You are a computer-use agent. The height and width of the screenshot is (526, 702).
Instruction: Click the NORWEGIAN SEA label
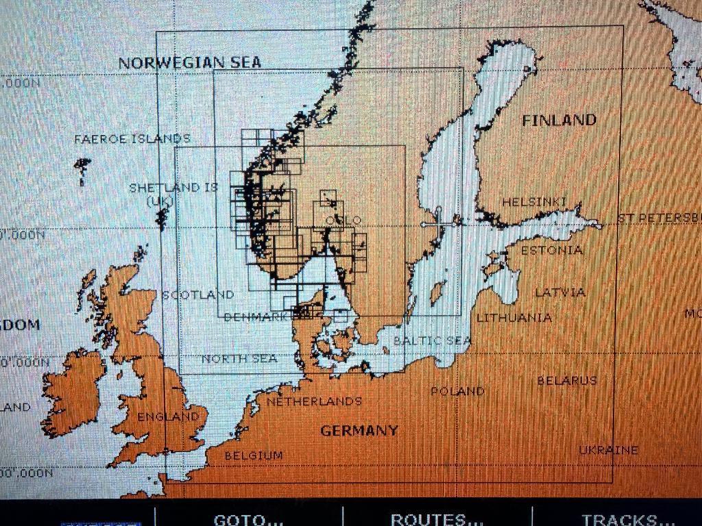coord(190,62)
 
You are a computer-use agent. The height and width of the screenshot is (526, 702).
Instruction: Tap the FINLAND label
coord(559,121)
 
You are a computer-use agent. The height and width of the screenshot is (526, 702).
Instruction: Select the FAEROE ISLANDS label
coord(132,139)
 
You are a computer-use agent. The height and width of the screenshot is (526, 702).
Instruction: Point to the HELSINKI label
coord(535,202)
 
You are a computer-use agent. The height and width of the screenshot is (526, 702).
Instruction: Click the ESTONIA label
coord(552,250)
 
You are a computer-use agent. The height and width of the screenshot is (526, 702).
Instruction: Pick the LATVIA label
coord(560,292)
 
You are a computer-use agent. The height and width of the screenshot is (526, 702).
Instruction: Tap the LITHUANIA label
coord(514,318)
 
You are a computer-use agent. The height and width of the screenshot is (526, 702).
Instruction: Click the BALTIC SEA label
coord(432,340)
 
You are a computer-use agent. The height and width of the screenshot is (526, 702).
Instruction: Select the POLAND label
coord(457,391)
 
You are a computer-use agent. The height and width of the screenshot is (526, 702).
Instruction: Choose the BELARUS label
coord(567,380)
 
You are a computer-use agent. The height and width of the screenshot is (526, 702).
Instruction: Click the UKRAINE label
coord(608,450)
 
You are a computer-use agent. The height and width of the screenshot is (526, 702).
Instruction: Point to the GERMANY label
coord(359,431)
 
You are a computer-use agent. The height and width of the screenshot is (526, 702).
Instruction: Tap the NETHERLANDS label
coord(314,401)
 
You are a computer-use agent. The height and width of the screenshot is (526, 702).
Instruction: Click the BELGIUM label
coord(254,455)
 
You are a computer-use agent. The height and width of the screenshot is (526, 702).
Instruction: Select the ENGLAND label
coord(168,416)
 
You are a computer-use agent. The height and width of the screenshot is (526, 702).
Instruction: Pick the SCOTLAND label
coord(198,295)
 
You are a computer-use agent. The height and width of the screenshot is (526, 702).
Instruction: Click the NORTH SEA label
coord(239,358)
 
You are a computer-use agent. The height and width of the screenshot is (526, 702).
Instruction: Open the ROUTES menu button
coord(437,519)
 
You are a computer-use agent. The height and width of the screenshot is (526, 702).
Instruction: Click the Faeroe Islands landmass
coord(82,166)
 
